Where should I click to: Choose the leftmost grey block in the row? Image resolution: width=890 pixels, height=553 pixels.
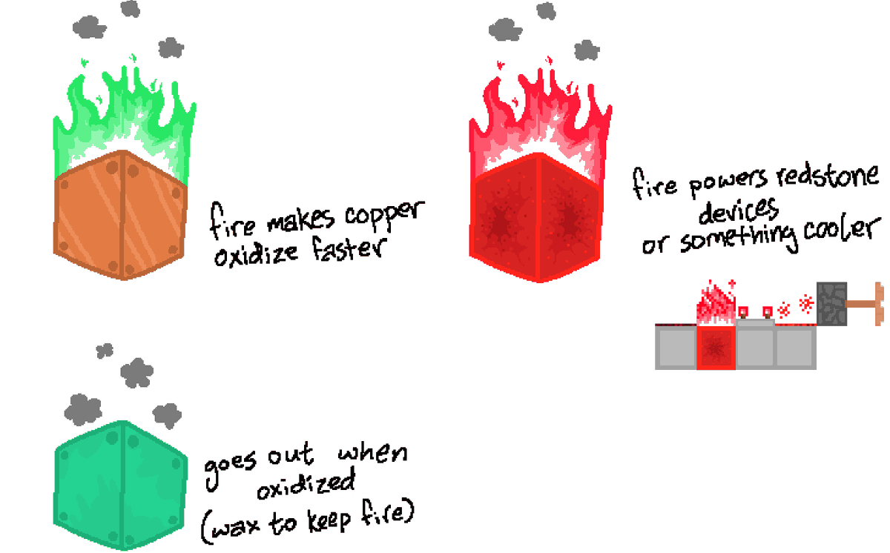(x=676, y=347)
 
